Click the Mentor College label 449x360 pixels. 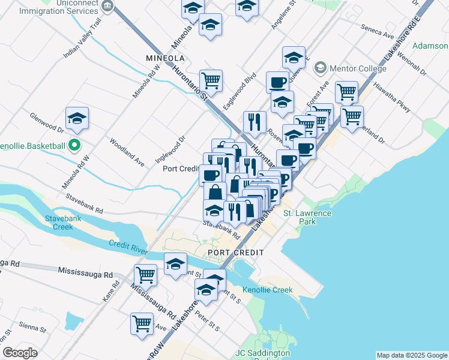click(349, 67)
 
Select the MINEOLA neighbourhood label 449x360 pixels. click(164, 58)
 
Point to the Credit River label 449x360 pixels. click(128, 245)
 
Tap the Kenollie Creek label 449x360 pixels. click(267, 290)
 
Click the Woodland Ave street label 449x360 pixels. click(127, 152)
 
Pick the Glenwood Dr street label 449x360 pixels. click(46, 121)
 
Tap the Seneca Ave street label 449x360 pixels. click(376, 29)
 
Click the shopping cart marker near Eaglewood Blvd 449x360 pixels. click(211, 80)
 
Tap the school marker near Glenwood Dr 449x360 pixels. click(77, 118)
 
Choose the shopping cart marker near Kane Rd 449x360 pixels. click(145, 274)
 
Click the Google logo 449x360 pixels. click(20, 353)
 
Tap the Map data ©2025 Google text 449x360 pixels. click(411, 355)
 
